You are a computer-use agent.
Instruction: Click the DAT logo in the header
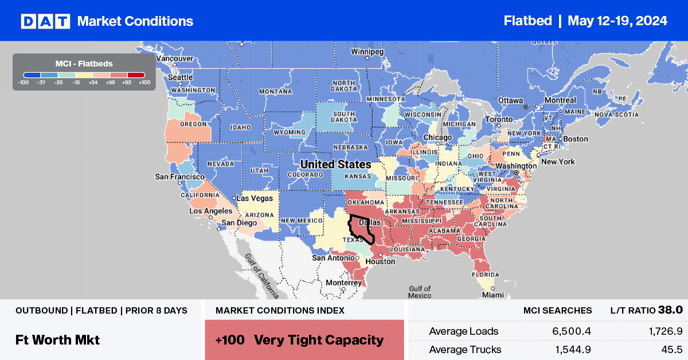45,21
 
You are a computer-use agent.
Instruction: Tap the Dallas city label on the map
370,222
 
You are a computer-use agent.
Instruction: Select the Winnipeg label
367,52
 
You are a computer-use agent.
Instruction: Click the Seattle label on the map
180,77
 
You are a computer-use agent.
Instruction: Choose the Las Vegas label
255,198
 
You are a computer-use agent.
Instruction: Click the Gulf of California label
261,276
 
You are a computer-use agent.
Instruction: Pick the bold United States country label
335,165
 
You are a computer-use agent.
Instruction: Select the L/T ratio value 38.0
670,310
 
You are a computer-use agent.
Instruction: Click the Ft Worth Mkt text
57,339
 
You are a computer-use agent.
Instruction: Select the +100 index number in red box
230,340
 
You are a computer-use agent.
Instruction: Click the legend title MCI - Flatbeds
84,63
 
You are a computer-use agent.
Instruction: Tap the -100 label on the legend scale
24,82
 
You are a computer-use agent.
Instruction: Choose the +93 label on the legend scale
126,82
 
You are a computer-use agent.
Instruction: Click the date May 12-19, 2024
617,21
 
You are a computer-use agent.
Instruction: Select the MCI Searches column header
557,310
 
